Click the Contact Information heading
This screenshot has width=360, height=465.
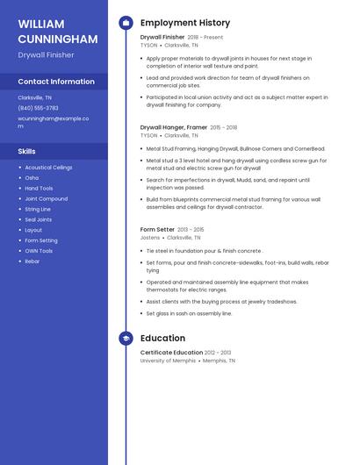pyautogui.click(x=55, y=82)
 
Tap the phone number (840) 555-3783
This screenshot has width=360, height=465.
pyautogui.click(x=38, y=108)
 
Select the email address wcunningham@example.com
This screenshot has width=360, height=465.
pyautogui.click(x=53, y=121)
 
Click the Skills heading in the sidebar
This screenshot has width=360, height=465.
pyautogui.click(x=26, y=152)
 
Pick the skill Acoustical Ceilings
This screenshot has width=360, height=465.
pyautogui.click(x=48, y=167)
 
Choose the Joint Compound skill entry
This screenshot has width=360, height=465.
pyautogui.click(x=46, y=199)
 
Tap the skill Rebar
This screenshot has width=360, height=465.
pyautogui.click(x=32, y=261)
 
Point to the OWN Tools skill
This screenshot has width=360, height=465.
pyautogui.click(x=39, y=251)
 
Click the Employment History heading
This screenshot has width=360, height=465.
pyautogui.click(x=184, y=23)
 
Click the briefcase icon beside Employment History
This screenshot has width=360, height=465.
pyautogui.click(x=126, y=23)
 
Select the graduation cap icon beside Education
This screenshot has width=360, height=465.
pyautogui.click(x=126, y=338)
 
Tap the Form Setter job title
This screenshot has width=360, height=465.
pyautogui.click(x=157, y=230)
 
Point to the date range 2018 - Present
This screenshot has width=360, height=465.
pyautogui.click(x=205, y=38)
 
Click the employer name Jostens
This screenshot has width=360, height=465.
pyautogui.click(x=150, y=238)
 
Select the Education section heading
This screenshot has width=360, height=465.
pyautogui.click(x=162, y=338)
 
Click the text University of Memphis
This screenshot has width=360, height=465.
pyautogui.click(x=168, y=361)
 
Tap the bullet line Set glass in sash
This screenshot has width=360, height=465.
pyautogui.click(x=189, y=313)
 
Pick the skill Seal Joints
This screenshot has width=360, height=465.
pyautogui.click(x=38, y=219)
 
